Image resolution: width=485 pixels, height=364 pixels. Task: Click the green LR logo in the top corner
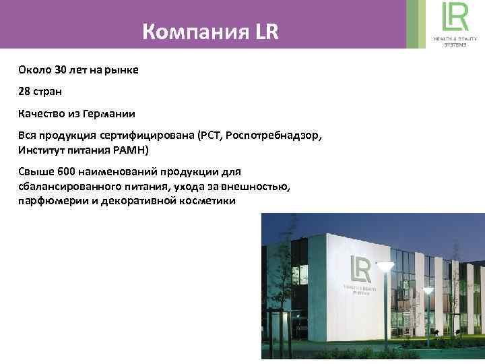pyautogui.click(x=455, y=16)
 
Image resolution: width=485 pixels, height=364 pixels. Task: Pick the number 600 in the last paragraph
pyautogui.click(x=67, y=172)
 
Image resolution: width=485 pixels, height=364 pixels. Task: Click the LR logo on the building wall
pyautogui.click(x=360, y=270)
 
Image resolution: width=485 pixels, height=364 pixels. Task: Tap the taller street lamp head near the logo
pyautogui.click(x=385, y=267)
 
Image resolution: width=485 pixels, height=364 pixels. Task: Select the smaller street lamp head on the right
pyautogui.click(x=428, y=289)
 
